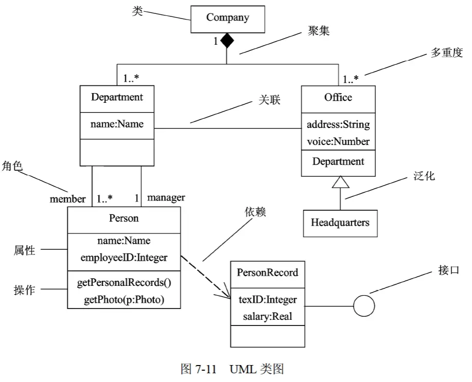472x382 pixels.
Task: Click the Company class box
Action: tap(228, 19)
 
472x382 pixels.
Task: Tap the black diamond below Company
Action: tap(227, 41)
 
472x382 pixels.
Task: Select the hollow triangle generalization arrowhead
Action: tap(340, 182)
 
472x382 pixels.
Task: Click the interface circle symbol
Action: tap(364, 306)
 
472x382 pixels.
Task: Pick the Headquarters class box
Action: tap(340, 223)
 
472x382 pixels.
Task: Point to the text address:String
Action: tap(338, 124)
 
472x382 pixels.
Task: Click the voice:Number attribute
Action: tap(338, 141)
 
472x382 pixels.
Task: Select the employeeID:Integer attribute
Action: tap(124, 258)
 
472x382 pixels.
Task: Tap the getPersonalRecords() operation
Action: tap(124, 283)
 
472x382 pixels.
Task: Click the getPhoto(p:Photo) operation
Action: tap(124, 300)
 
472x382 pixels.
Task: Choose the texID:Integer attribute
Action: tap(267, 300)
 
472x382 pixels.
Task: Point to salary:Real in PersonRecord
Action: tap(267, 316)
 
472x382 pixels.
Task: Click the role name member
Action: tap(68, 199)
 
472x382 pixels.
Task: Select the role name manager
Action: tap(166, 198)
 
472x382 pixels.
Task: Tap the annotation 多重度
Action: tap(446, 52)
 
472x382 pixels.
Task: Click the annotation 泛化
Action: tap(424, 176)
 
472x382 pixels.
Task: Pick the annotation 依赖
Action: tap(255, 212)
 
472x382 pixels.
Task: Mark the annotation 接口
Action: tap(449, 270)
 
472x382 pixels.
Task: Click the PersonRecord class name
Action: tap(267, 272)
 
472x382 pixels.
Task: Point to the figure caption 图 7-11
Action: tap(198, 369)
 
